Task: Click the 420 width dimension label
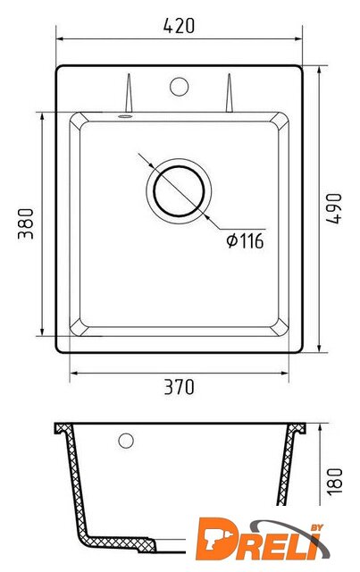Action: click(179, 26)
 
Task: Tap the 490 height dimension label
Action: click(334, 208)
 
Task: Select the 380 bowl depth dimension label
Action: click(26, 223)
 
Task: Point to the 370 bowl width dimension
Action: click(179, 387)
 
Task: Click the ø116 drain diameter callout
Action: click(245, 240)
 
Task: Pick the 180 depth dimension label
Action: click(334, 482)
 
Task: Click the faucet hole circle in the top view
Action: click(179, 87)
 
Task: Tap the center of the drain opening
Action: click(179, 190)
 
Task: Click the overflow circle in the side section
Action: click(126, 441)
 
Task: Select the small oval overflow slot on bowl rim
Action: click(125, 116)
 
